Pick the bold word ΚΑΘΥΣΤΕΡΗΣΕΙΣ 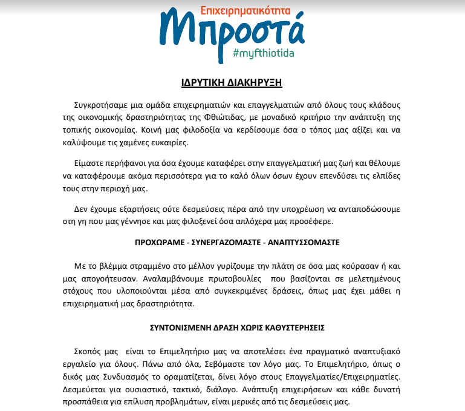click(288, 329)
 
